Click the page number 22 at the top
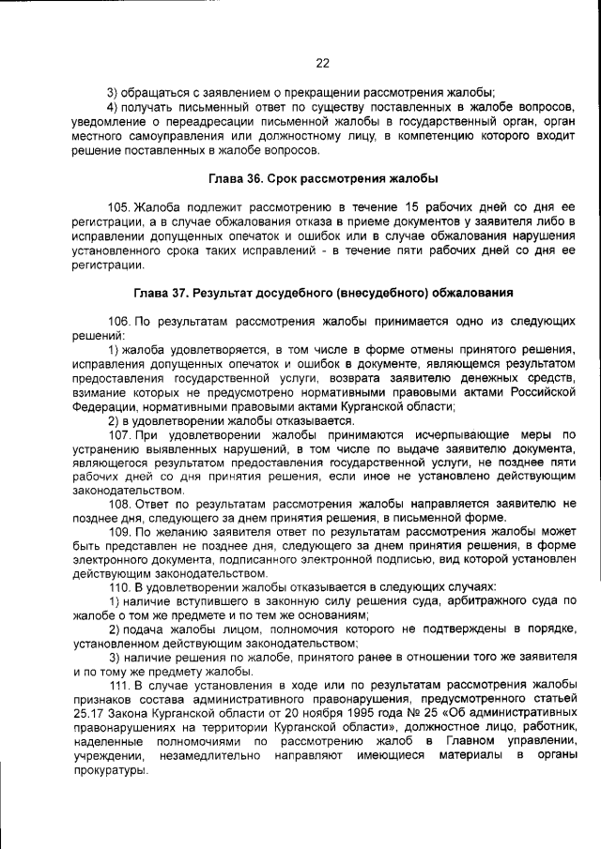pos(322,63)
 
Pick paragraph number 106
pos(119,321)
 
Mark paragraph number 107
pos(119,435)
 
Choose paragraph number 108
pos(119,504)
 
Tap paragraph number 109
pos(119,531)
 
